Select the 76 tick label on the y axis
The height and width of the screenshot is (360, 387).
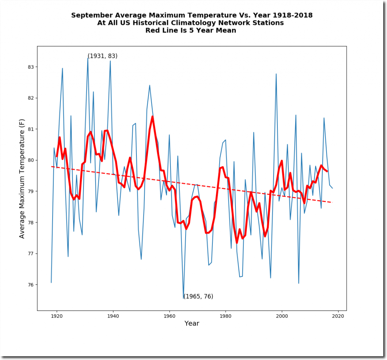[x=31, y=284]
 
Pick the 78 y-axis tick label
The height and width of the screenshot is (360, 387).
[x=31, y=222]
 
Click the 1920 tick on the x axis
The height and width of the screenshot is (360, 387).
[x=57, y=311]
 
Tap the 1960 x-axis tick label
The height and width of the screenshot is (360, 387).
[x=169, y=316]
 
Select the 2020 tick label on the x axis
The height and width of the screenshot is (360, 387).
[x=338, y=316]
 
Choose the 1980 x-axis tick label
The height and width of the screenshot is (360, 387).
[x=226, y=316]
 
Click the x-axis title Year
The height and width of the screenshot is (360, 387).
[x=192, y=324]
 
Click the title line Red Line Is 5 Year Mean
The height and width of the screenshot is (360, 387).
[x=191, y=31]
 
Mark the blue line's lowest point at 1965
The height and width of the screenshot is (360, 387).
[x=184, y=298]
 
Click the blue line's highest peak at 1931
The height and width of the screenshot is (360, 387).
[x=88, y=58]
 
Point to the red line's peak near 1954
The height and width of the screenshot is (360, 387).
[x=152, y=116]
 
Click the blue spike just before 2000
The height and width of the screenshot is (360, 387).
[x=276, y=74]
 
